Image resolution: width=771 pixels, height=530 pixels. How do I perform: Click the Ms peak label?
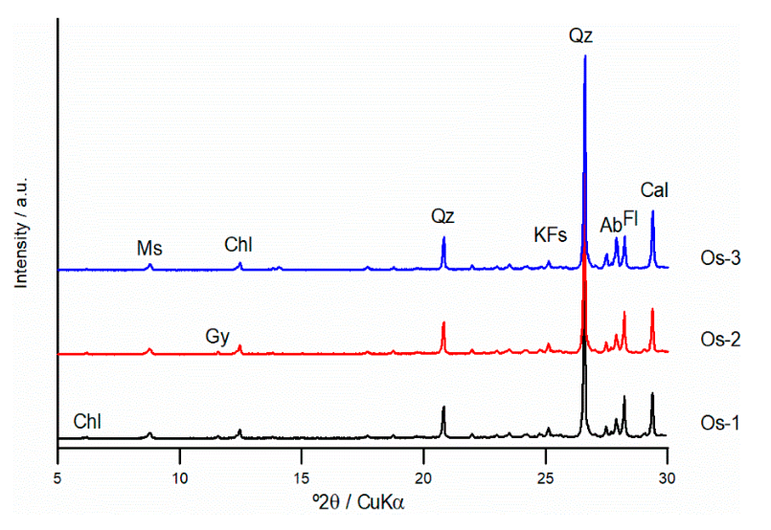(x=149, y=249)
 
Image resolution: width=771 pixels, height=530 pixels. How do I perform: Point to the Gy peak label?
(x=217, y=336)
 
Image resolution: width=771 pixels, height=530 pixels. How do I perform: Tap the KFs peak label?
(x=551, y=234)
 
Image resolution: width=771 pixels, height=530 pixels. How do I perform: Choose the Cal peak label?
(x=654, y=191)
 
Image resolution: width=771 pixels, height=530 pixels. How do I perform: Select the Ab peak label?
(x=610, y=226)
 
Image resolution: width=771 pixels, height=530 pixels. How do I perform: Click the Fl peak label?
(x=630, y=219)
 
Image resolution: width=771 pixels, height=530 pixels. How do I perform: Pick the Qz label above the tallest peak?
(x=581, y=36)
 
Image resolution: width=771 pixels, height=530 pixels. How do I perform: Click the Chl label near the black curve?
(x=87, y=421)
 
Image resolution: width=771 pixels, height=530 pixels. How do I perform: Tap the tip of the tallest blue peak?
(x=584, y=56)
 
